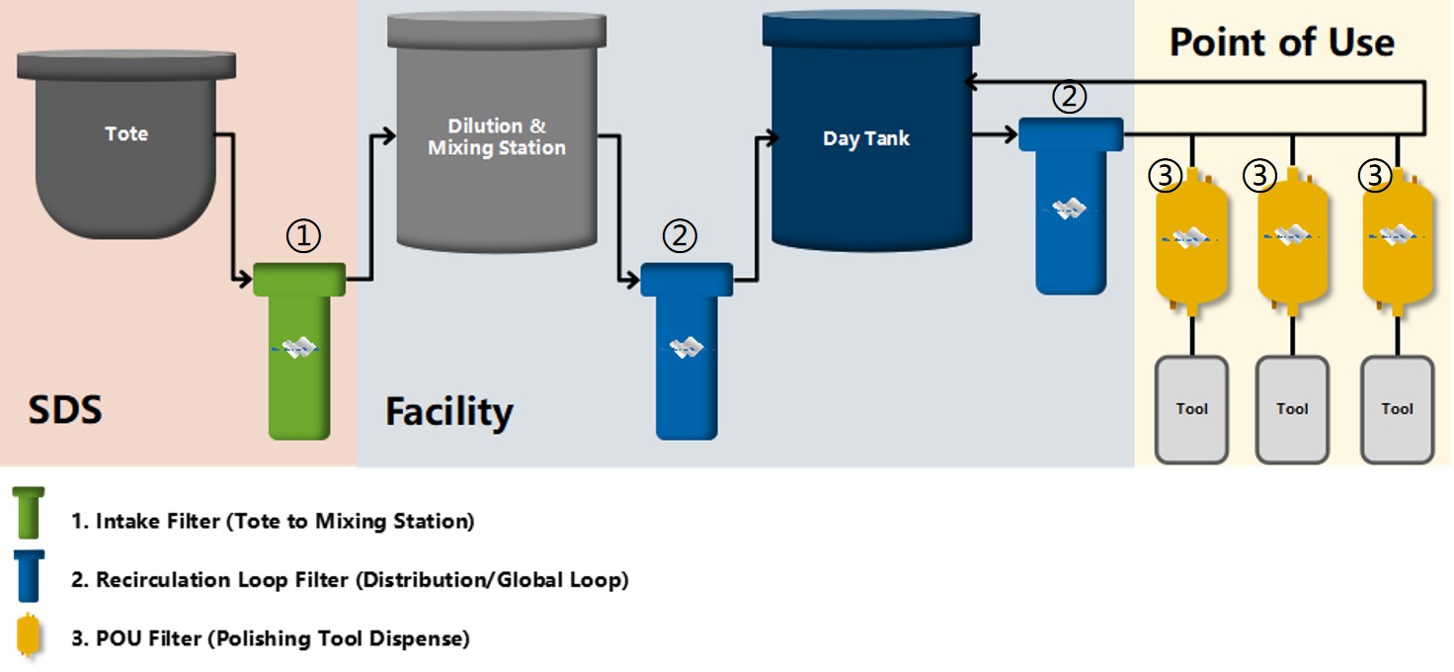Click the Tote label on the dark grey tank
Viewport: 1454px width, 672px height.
[126, 133]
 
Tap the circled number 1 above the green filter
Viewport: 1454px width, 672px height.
[304, 236]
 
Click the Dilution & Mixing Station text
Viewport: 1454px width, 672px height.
[497, 137]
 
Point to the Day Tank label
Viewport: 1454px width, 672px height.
[865, 139]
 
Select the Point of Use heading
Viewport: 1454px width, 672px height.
[1281, 42]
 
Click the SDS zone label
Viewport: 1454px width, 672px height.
[64, 409]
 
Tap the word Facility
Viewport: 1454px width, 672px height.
[449, 411]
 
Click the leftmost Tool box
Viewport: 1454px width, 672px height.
[1191, 409]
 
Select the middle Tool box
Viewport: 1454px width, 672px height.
[1292, 409]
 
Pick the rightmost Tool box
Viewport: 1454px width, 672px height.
[1397, 409]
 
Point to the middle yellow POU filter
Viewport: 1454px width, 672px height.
[1292, 237]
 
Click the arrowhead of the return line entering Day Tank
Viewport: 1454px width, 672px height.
[971, 82]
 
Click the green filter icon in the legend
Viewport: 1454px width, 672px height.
[29, 513]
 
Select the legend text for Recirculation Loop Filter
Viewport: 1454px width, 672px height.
[350, 580]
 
